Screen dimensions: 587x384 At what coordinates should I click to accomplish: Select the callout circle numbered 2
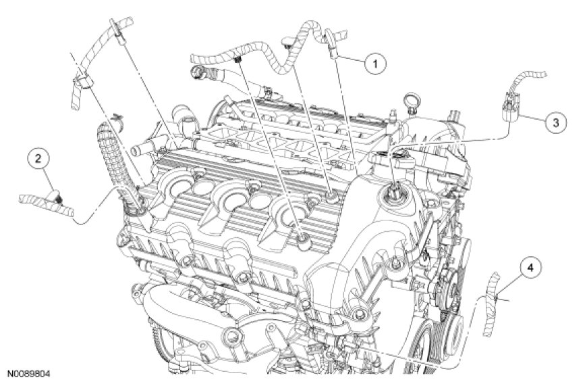click(x=38, y=159)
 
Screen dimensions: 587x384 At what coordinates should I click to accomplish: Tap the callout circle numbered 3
click(x=554, y=122)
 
